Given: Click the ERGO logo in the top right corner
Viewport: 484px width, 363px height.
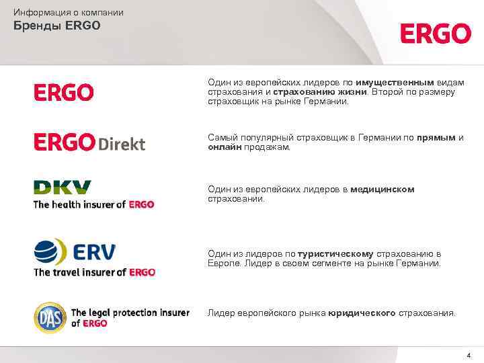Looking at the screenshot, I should pos(436,33).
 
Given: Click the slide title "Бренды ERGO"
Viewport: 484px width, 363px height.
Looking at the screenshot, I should pos(57,26).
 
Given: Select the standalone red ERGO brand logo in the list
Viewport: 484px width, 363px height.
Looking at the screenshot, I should pos(64,92).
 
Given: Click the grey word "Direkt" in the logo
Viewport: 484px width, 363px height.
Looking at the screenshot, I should pos(121,144).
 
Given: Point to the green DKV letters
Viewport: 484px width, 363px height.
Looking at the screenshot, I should pos(63,188).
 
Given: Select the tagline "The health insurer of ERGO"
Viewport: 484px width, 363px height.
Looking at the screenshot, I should pos(94,204).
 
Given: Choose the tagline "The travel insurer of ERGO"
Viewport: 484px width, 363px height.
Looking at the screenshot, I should pos(94,272).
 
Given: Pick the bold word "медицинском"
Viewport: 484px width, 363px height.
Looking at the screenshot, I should pos(382,190).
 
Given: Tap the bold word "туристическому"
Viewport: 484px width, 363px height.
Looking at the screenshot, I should pos(335,253).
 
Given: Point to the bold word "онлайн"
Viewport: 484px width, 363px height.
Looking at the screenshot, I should pos(225,147).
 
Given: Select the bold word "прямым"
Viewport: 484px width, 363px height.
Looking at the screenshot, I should pos(436,137).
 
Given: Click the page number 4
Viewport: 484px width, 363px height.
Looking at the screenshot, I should pos(469,354).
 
